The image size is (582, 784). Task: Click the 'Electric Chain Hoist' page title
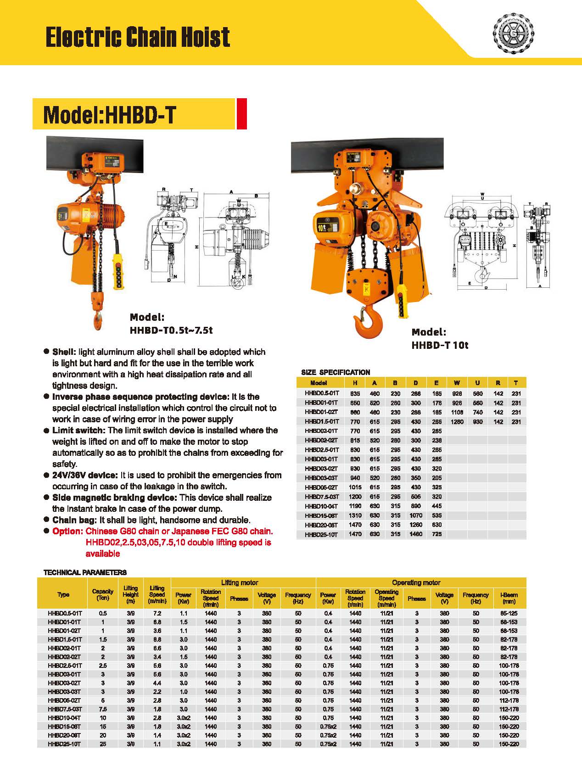coord(138,37)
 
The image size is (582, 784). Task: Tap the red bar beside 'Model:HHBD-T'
coord(242,113)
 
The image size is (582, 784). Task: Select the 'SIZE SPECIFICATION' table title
coord(336,372)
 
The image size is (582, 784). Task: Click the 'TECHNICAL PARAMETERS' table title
coord(85,572)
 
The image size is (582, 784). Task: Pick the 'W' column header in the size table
coord(457,383)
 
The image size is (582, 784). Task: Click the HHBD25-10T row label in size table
coord(321,534)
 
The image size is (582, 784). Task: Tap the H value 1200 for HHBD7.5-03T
coord(355,497)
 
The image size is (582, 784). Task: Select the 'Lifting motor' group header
coord(240,582)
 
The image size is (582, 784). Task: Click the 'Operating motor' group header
coord(416,582)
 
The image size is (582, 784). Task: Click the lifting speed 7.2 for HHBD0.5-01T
coord(157,613)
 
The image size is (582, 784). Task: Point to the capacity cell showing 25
coord(103,744)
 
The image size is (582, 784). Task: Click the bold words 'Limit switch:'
coord(79,430)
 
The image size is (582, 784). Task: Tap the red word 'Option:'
coord(67,531)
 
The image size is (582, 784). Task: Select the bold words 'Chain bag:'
coord(75,520)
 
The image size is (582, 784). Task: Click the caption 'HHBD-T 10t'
coord(440,345)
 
